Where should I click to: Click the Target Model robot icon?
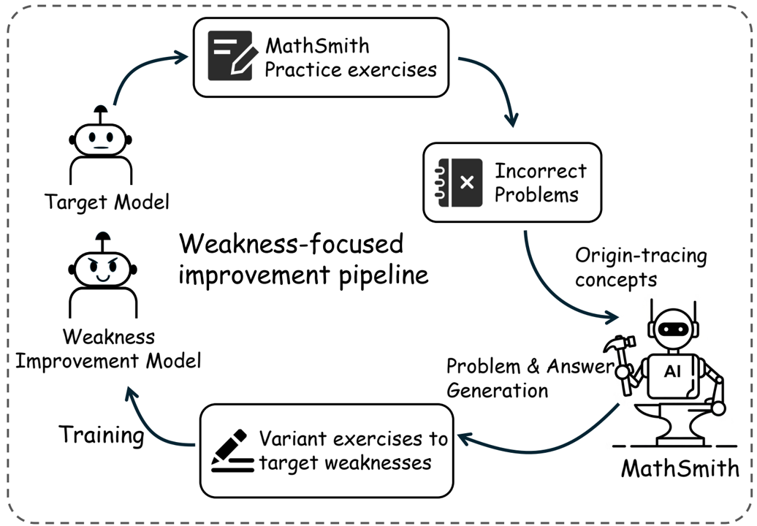pos(101,146)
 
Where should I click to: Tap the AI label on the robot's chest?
pos(672,372)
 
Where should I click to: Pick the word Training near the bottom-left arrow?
pos(101,435)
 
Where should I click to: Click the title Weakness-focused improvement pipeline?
pos(303,259)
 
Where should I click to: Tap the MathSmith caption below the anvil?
pos(680,467)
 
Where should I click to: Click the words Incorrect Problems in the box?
pos(540,183)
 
